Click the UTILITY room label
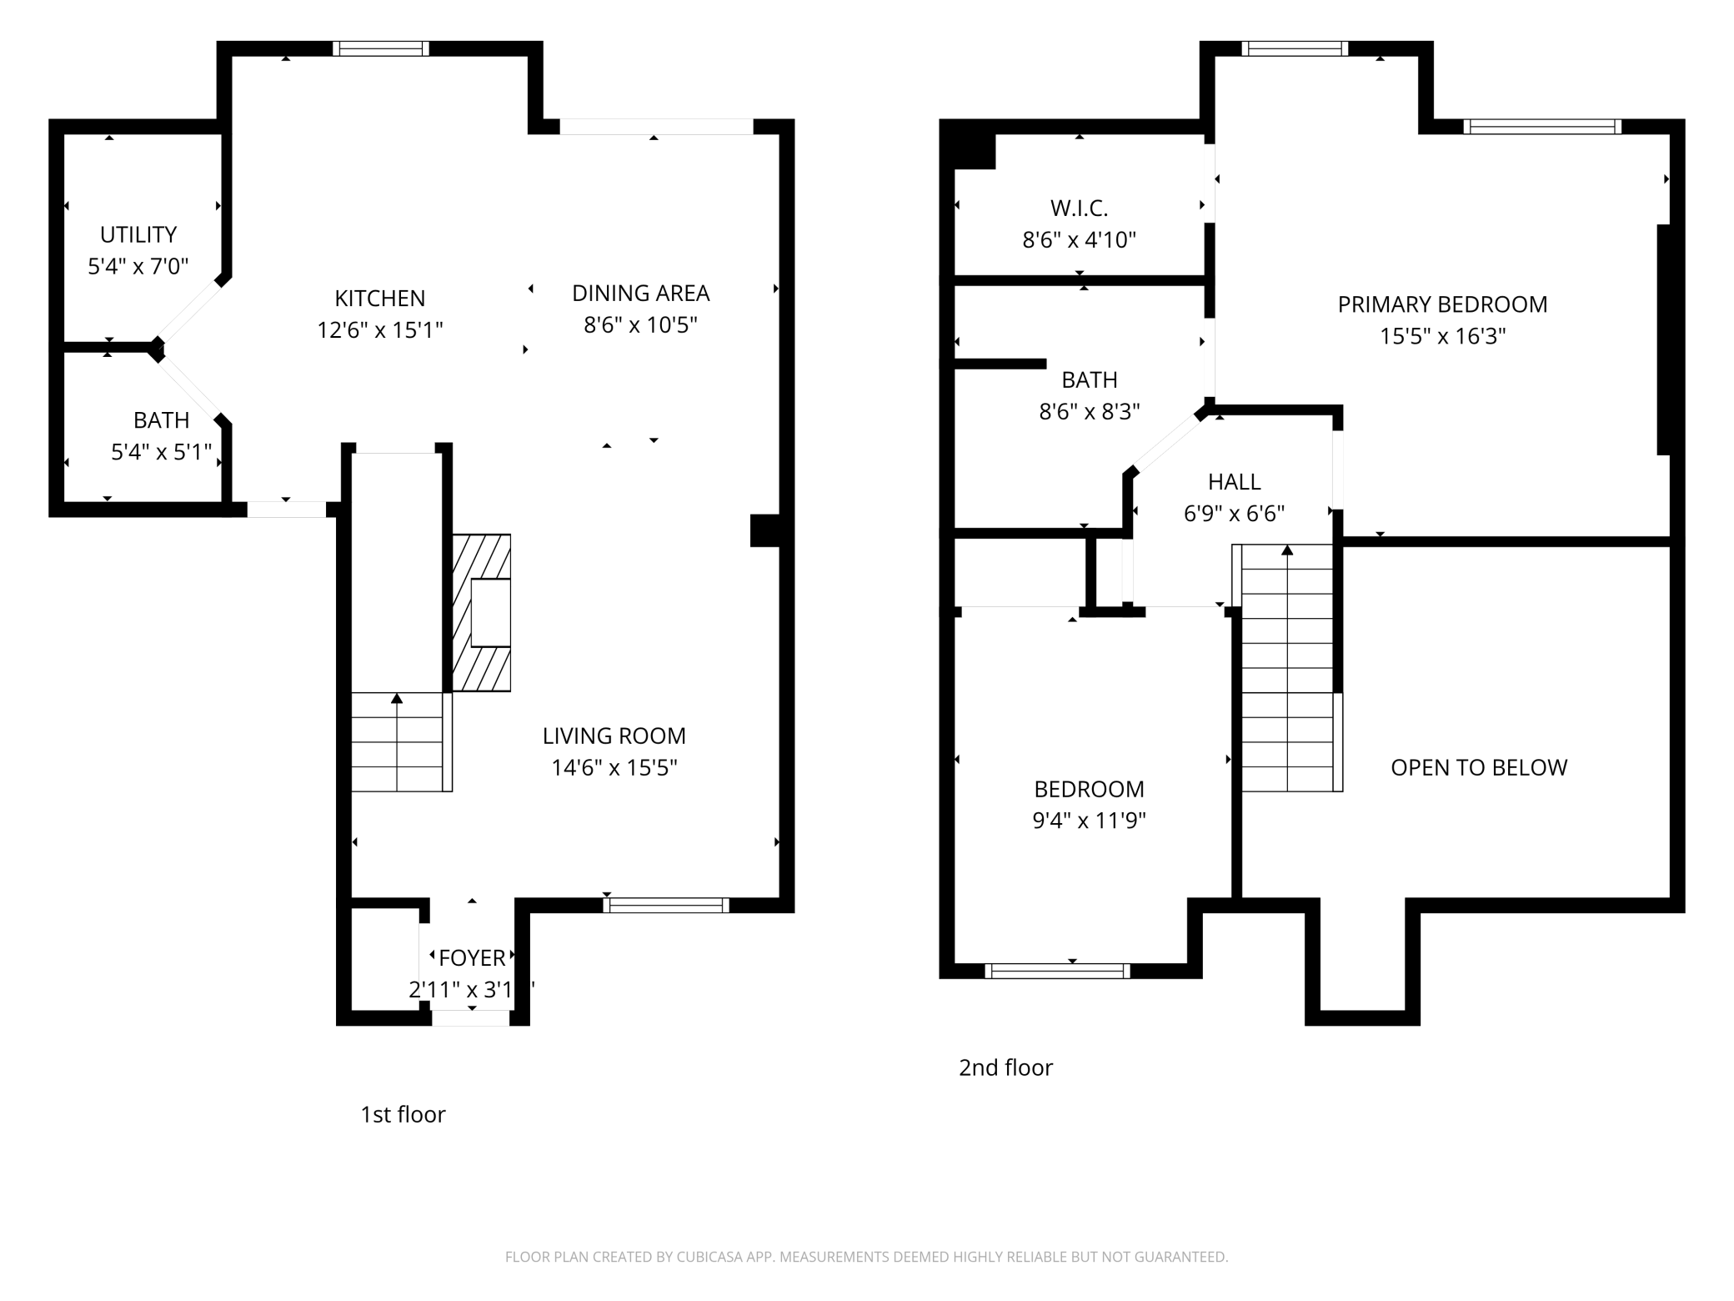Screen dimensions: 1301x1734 [x=138, y=234]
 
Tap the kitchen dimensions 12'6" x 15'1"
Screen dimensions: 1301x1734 [x=379, y=330]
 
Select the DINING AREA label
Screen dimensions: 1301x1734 [x=640, y=294]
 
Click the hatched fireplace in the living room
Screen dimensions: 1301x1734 [x=482, y=613]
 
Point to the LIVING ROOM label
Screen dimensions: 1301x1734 [x=614, y=736]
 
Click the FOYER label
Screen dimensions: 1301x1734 [x=472, y=957]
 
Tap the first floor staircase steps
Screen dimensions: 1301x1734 [x=398, y=742]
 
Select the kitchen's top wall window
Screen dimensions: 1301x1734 [x=381, y=48]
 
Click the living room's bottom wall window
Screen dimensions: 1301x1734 [x=666, y=906]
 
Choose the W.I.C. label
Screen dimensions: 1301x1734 [x=1079, y=208]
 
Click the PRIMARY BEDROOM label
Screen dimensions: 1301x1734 [x=1442, y=304]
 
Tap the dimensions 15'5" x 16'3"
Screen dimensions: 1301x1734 [x=1442, y=336]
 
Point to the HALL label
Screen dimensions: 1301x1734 [x=1234, y=482]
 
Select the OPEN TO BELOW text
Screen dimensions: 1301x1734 [x=1479, y=767]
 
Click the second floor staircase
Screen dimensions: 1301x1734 [x=1288, y=667]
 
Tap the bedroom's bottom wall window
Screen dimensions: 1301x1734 [x=1057, y=971]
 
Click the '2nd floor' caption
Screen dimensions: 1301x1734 [x=1005, y=1067]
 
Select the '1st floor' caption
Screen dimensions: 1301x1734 [x=403, y=1114]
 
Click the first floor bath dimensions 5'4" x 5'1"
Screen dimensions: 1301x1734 [x=162, y=452]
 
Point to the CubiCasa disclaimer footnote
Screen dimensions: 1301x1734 [x=866, y=1257]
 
